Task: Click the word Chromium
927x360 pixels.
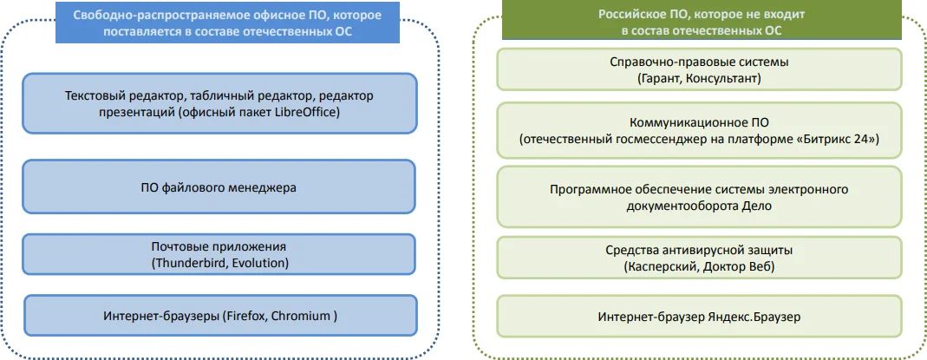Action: tap(301, 316)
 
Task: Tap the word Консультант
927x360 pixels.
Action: tap(721, 78)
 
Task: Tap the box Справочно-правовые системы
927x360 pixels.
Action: tap(700, 69)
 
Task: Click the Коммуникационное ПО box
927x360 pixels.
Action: tap(700, 130)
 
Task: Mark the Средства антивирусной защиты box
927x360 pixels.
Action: tap(700, 259)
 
